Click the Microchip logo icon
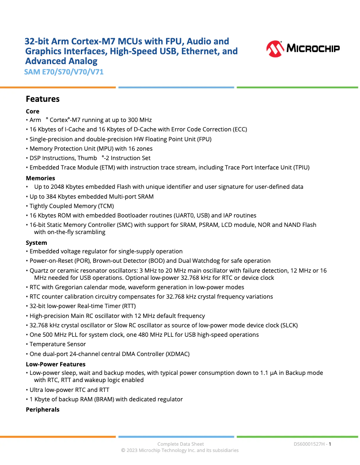275,48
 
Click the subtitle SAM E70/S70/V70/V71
64,72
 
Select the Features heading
43,99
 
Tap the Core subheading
33,111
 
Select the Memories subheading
40,178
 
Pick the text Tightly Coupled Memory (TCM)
72,206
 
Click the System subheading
36,243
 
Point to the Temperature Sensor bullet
57,344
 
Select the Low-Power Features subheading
56,364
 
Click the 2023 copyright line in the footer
180,450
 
